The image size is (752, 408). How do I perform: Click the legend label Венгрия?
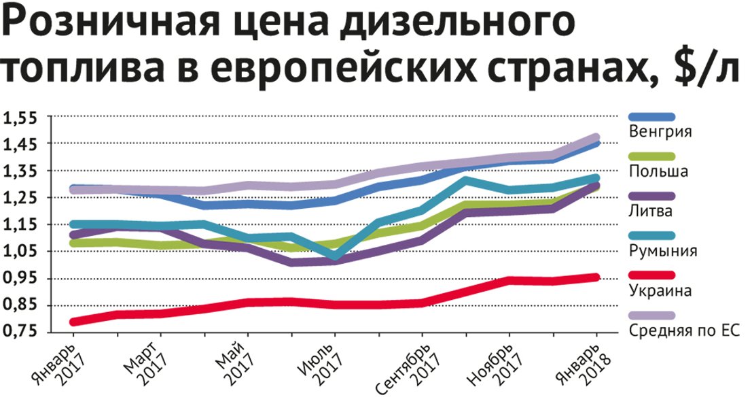(660, 131)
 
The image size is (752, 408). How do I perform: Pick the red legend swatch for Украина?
(651, 276)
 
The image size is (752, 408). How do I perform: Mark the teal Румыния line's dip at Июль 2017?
(334, 256)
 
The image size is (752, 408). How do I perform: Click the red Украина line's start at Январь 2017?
(73, 321)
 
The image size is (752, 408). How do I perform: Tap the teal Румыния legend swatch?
(651, 236)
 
